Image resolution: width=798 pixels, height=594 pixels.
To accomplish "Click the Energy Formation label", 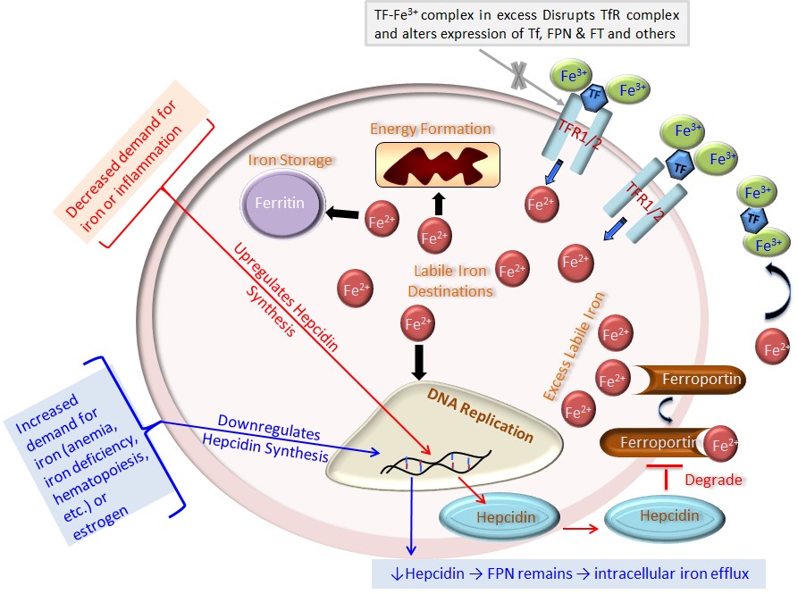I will [431, 129].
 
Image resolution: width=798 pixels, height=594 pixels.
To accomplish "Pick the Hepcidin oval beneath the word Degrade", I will [661, 517].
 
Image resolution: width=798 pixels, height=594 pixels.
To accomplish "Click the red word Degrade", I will [712, 480].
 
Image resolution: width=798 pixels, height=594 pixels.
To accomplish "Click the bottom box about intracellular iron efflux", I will [571, 573].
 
